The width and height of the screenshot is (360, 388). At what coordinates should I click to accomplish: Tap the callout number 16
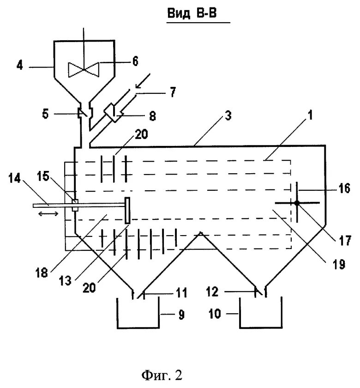[x=344, y=188]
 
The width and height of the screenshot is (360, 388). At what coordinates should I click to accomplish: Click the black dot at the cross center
[x=297, y=203]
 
